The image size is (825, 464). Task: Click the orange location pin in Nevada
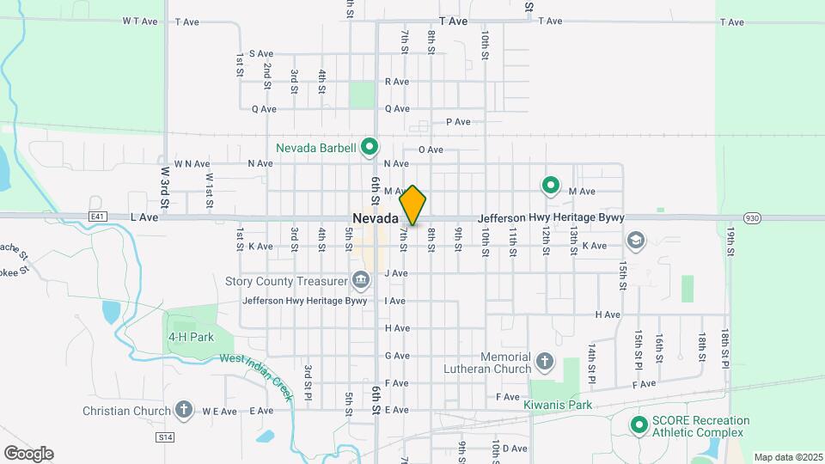412,205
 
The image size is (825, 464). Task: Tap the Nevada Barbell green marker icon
370,148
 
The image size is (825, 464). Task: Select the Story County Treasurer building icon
360,280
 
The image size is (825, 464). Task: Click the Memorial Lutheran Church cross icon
543,362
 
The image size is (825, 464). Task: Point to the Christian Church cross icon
183,411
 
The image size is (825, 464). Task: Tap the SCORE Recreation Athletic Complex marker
639,425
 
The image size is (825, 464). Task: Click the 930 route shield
752,218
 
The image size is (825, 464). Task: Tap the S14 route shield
165,437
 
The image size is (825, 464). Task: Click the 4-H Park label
191,338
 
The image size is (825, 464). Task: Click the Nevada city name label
374,218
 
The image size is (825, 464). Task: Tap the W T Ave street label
141,21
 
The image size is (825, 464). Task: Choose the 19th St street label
731,241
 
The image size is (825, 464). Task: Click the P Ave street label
458,122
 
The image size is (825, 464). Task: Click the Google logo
28,453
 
